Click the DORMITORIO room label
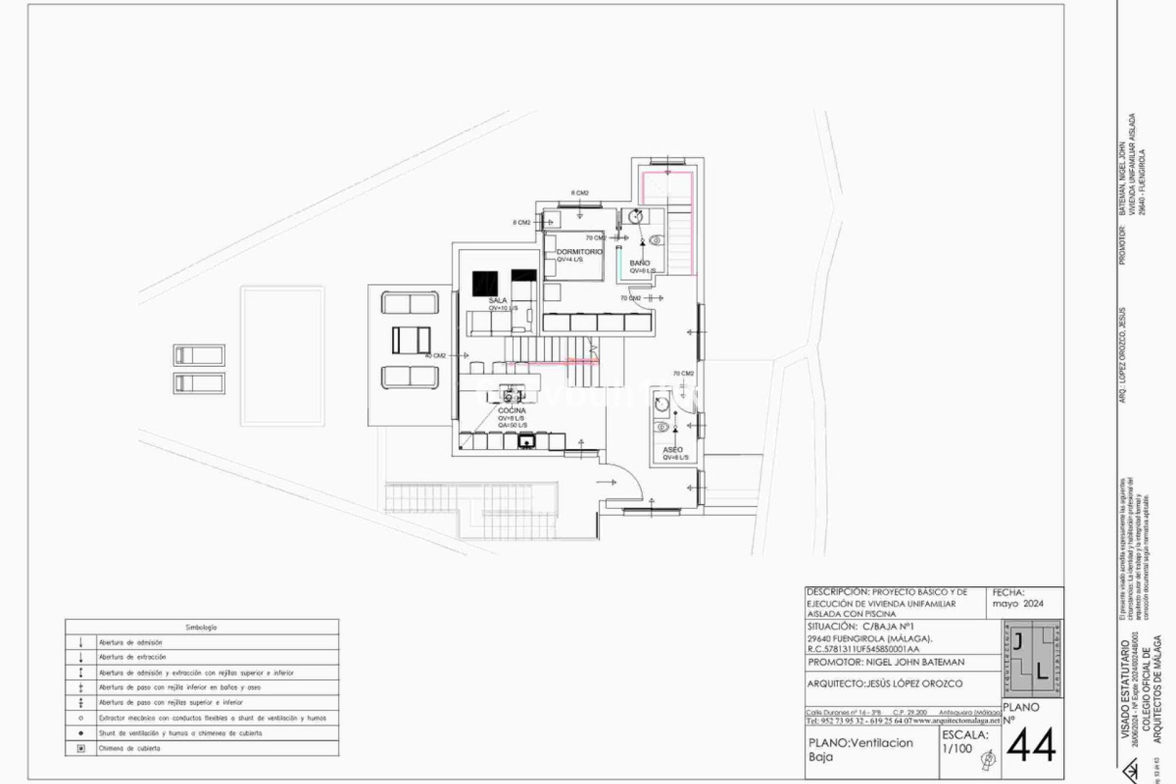coord(579,252)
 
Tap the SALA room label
coord(497,300)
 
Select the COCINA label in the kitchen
coord(511,410)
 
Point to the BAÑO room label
coord(639,263)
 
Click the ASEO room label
coord(673,450)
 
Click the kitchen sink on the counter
coord(526,440)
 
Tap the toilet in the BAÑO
coord(656,241)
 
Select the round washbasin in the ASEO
coord(661,404)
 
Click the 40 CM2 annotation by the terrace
coord(435,355)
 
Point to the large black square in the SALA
coord(485,284)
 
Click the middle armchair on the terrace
coord(411,340)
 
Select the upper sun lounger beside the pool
coord(199,355)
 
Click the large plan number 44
coord(1031,745)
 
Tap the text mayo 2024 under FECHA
coord(1018,603)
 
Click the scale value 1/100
coord(957,748)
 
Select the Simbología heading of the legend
coord(201,627)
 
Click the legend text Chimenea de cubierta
coord(129,748)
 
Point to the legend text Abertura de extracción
coord(132,657)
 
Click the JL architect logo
coord(1032,658)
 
